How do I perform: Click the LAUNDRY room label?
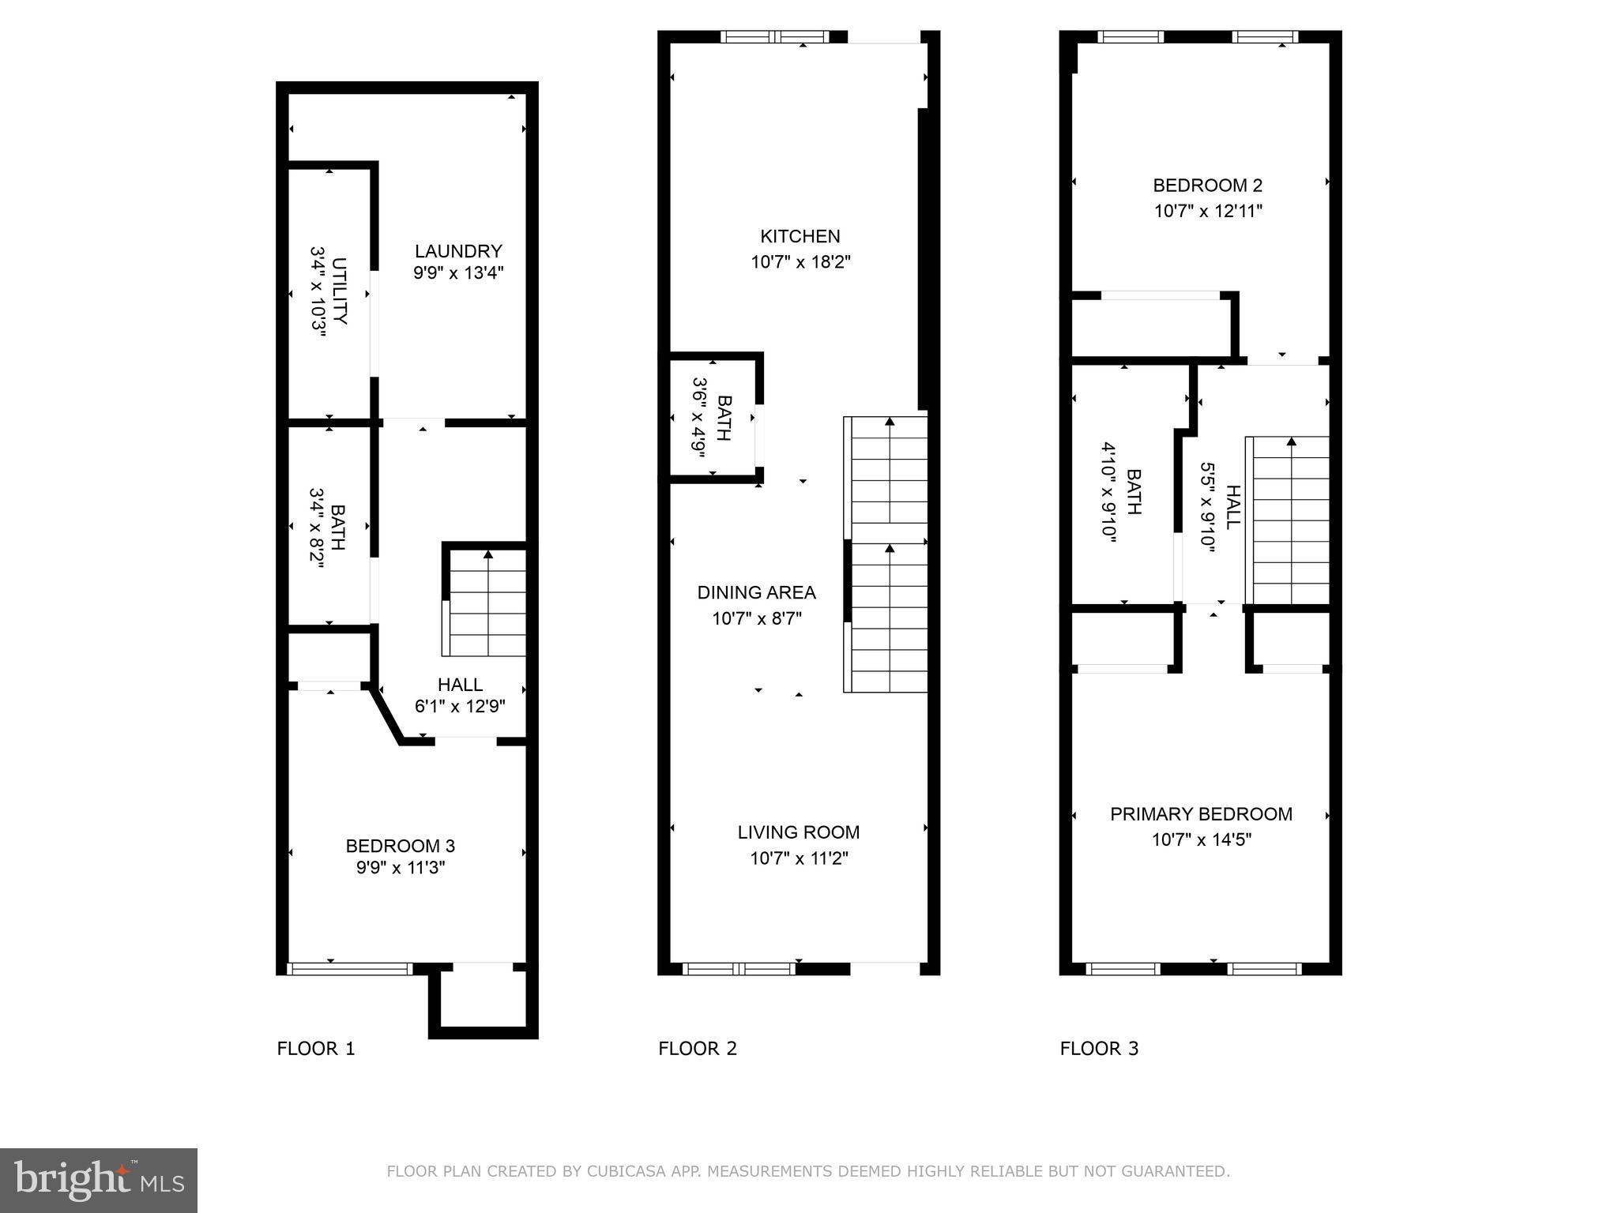coord(458,251)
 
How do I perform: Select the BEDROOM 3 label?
coord(400,846)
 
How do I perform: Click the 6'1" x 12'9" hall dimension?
coord(460,706)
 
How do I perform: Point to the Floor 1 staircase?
coord(486,603)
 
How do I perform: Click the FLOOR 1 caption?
coord(316,1049)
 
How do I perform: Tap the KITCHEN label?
coord(800,236)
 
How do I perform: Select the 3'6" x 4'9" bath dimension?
coord(698,417)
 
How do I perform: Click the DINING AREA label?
coord(756,592)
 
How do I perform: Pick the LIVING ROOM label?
coord(798,832)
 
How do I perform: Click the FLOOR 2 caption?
coord(698,1049)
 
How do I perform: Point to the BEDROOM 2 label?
coord(1207,186)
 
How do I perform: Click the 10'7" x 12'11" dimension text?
coord(1207,211)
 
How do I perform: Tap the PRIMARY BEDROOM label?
coord(1201,814)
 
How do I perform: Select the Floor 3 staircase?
coord(1289,521)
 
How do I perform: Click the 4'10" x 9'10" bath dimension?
coord(1108,491)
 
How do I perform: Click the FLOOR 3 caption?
coord(1099,1049)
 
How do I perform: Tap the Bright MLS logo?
coord(98,1180)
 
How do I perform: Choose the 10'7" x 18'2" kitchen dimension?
coord(800,261)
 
